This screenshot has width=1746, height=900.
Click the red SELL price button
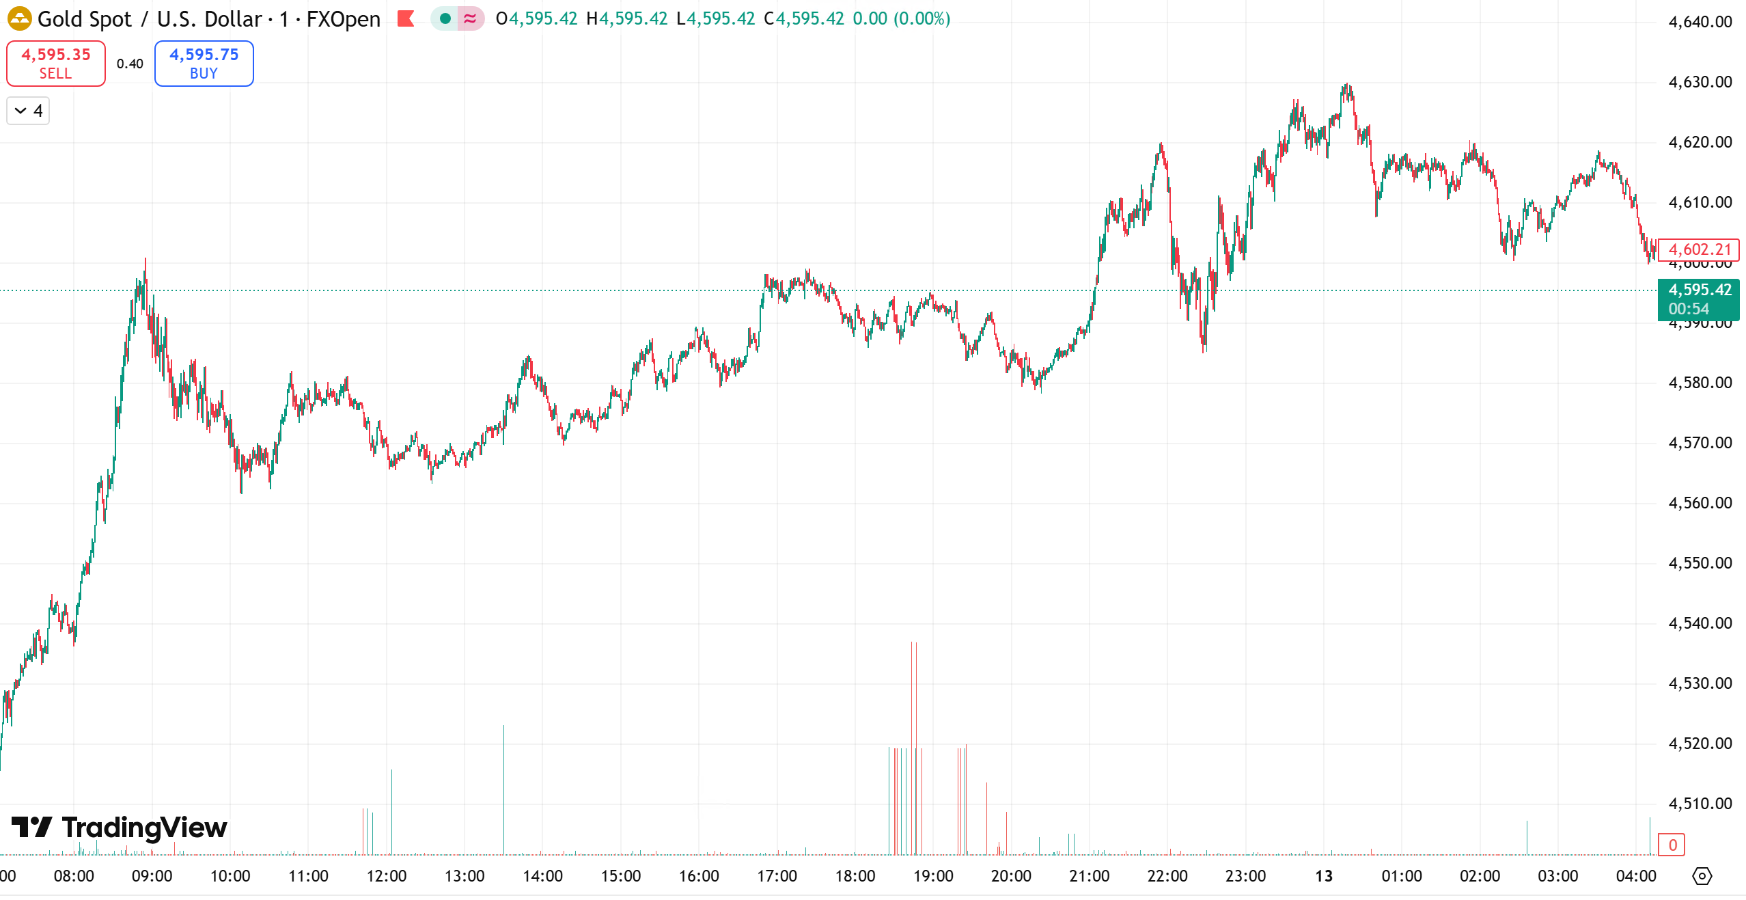[55, 64]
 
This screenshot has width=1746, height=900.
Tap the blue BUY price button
[204, 64]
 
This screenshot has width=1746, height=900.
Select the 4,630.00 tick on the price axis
[1700, 82]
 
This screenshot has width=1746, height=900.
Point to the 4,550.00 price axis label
[1700, 563]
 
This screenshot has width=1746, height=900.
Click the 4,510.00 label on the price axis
[1700, 804]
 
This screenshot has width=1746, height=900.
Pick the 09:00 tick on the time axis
[152, 876]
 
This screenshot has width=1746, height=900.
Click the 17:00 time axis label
[777, 876]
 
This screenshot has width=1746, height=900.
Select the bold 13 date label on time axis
[1324, 876]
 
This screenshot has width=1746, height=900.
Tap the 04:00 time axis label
[1636, 876]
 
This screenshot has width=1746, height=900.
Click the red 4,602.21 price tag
[1699, 250]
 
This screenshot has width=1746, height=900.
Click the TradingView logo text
[144, 828]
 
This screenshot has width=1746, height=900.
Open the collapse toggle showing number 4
[28, 111]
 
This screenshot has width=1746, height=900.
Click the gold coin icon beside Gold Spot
[19, 19]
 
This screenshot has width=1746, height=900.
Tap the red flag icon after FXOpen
[406, 18]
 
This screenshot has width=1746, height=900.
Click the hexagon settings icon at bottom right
[1702, 876]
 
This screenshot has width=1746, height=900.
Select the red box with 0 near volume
[1672, 845]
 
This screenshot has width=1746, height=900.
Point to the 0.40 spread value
[130, 64]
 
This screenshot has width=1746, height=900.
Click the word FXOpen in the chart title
[343, 19]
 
